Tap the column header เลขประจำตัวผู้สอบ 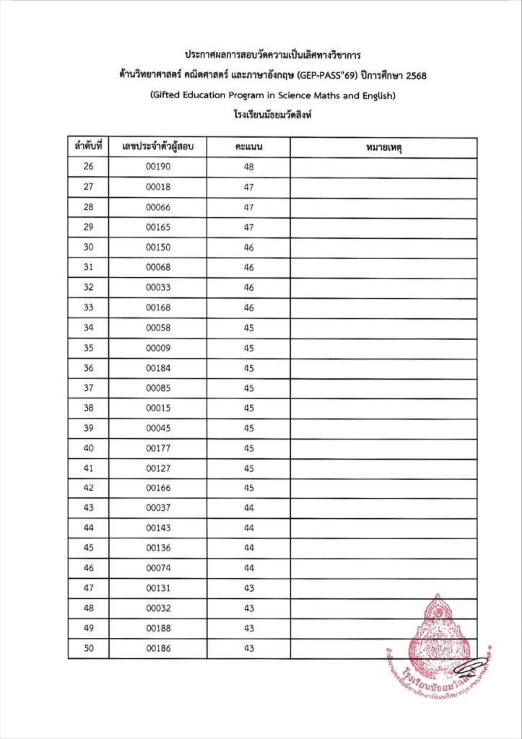(x=157, y=147)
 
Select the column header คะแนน (x=248, y=147)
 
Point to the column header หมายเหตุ (x=383, y=147)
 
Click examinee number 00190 (x=157, y=167)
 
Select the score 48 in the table (x=248, y=167)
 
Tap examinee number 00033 (x=157, y=287)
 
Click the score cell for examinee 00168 (x=248, y=307)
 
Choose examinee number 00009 (x=157, y=348)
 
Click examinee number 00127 (x=157, y=468)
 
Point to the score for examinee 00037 (x=248, y=508)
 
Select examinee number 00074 (x=157, y=568)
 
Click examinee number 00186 (x=157, y=648)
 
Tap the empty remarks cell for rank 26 (x=383, y=167)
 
